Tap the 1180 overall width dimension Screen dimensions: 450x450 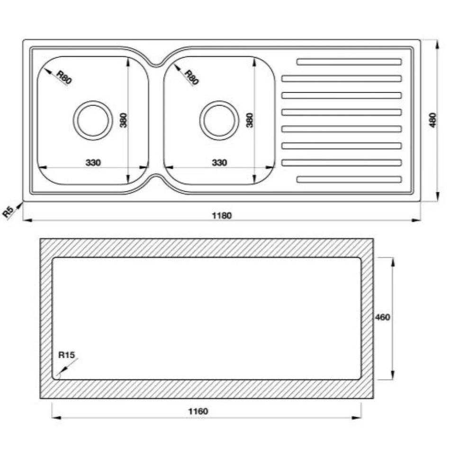coord(222,215)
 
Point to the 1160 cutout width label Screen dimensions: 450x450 coord(198,411)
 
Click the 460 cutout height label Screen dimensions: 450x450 coord(383,317)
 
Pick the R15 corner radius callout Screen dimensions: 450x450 coord(66,355)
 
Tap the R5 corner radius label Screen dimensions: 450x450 coord(9,212)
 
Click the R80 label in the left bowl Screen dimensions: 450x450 coord(64,77)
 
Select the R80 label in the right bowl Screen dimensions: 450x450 coord(191,78)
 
